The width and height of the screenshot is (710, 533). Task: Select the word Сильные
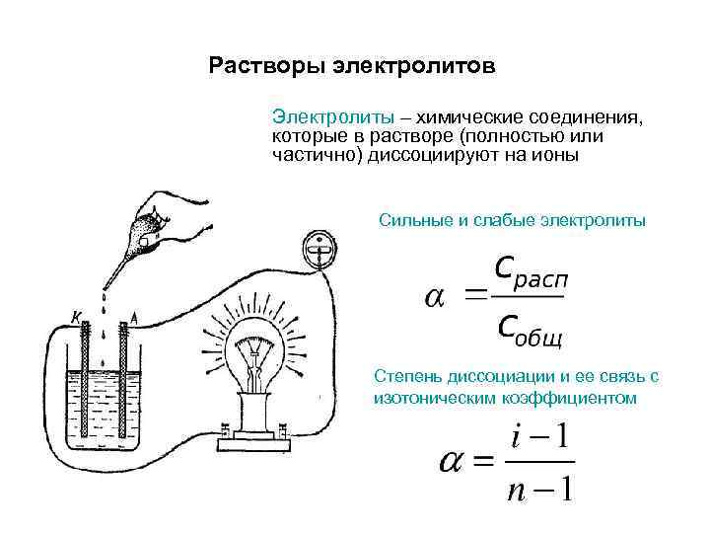pos(414,220)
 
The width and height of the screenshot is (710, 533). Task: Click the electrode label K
pos(75,316)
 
